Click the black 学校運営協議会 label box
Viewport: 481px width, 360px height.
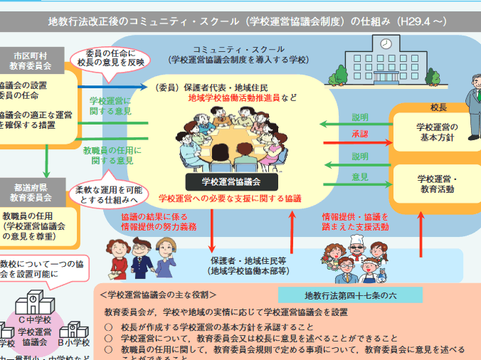[231, 182]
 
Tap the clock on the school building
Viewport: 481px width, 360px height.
[385, 44]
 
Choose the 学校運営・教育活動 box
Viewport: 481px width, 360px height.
[438, 184]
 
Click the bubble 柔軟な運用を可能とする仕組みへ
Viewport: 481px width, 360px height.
[107, 196]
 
